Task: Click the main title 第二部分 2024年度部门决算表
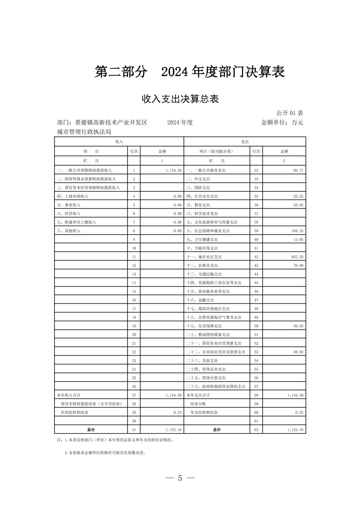[x=189, y=72]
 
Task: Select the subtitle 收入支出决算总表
[x=180, y=99]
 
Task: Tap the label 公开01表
[x=290, y=113]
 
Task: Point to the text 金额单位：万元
[x=282, y=123]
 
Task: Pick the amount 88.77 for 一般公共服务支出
[x=298, y=170]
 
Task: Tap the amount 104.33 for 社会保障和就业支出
[x=297, y=231]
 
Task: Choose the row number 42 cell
[x=256, y=257]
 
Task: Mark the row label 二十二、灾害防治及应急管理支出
[x=216, y=352]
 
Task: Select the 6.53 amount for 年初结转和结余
[x=177, y=413]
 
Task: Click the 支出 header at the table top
[x=245, y=142]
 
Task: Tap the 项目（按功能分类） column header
[x=216, y=151]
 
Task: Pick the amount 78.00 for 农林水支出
[x=298, y=266]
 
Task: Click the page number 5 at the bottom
[x=180, y=478]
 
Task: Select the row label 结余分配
[x=198, y=404]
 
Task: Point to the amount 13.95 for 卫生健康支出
[x=298, y=240]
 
